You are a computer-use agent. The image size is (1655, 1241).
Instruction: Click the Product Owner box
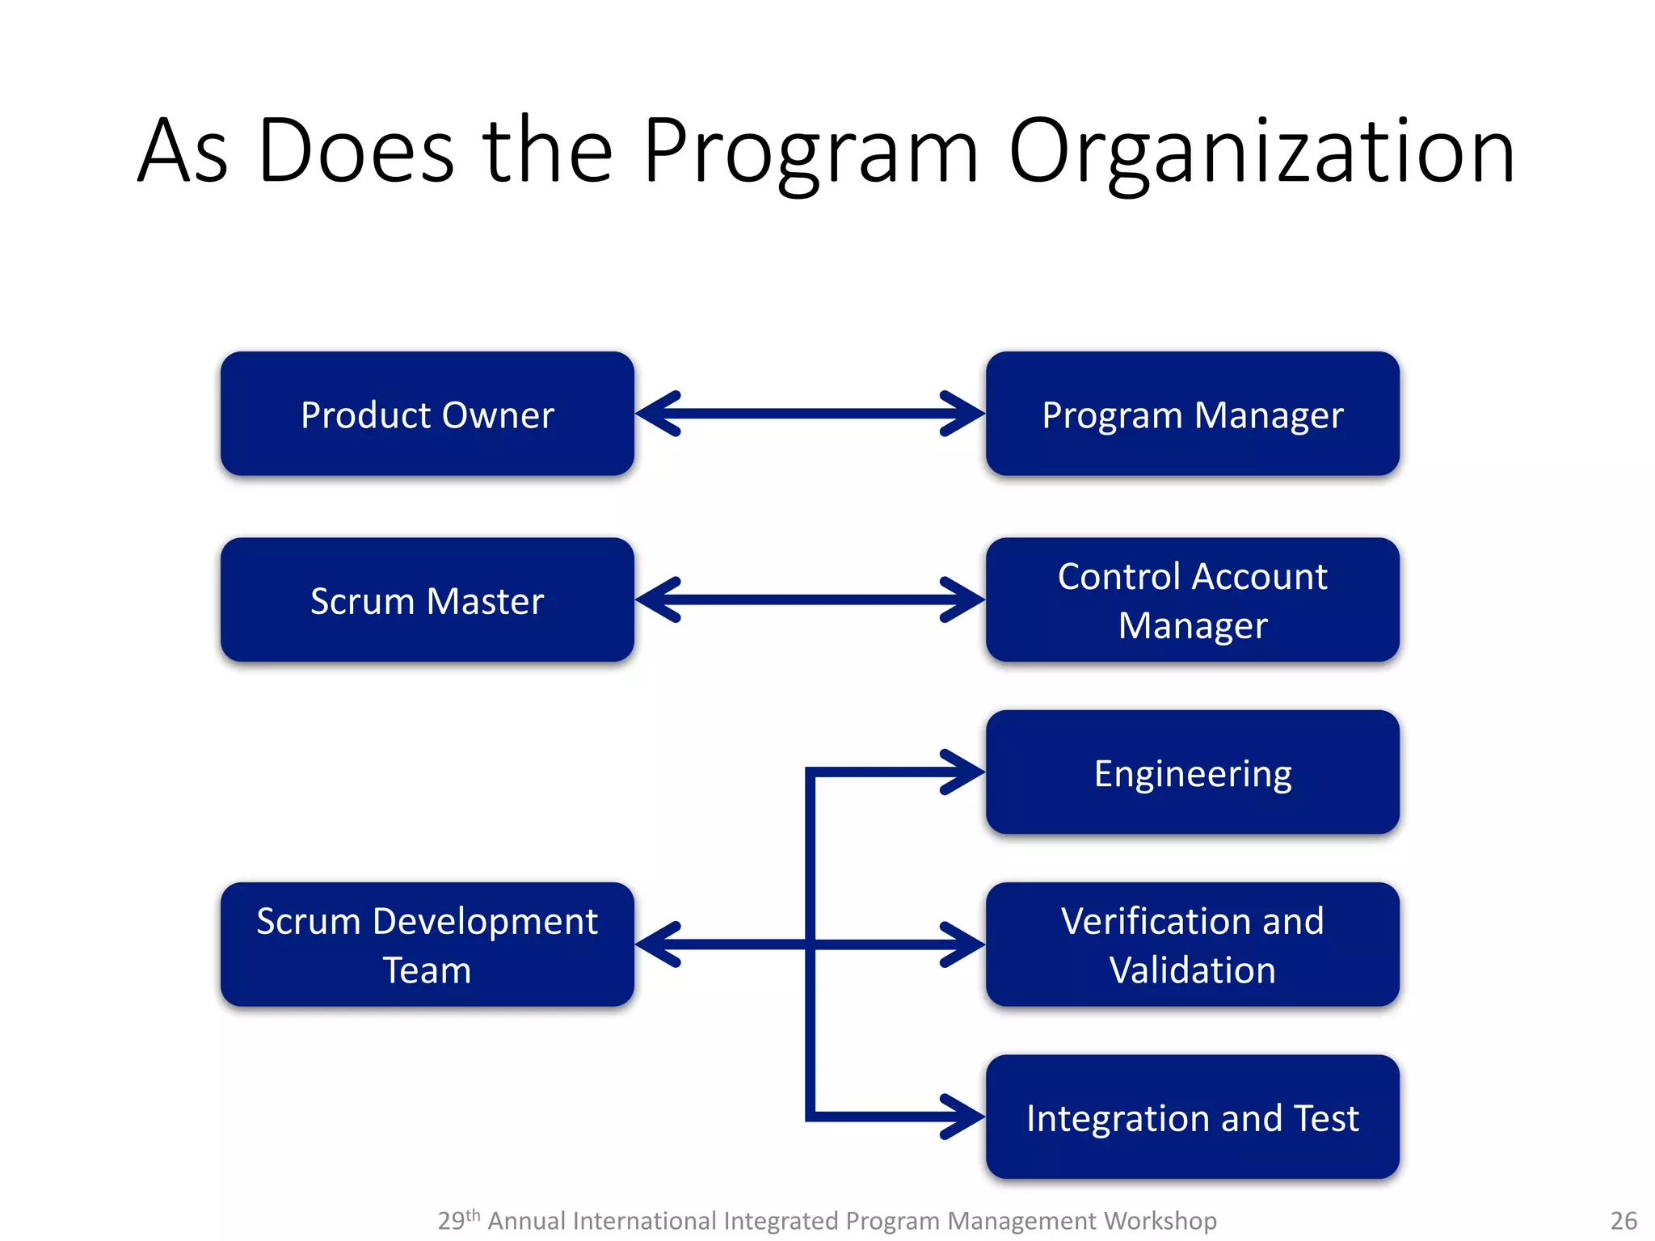(x=427, y=414)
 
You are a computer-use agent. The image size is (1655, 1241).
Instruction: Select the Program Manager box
(x=1192, y=414)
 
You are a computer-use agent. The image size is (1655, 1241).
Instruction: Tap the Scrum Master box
(x=427, y=600)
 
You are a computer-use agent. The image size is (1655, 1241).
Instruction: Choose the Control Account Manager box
(x=1192, y=600)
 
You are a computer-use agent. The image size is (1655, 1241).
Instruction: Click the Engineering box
(x=1192, y=772)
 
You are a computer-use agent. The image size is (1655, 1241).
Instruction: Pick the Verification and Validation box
(x=1192, y=944)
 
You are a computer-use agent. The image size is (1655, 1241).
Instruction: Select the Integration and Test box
(x=1192, y=1117)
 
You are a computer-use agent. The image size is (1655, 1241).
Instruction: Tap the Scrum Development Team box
(x=427, y=944)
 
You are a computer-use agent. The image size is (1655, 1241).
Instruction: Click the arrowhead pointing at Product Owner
(x=656, y=414)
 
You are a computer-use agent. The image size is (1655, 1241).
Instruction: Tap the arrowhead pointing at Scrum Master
(x=656, y=600)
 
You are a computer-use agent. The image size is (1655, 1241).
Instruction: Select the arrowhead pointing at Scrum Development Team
(x=656, y=944)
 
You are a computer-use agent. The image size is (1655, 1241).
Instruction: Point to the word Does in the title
(x=356, y=152)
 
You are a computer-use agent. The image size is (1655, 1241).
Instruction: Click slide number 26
(x=1623, y=1220)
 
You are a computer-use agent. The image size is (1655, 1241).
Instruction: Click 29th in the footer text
(x=458, y=1219)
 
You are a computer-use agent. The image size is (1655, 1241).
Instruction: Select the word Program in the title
(x=811, y=152)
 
